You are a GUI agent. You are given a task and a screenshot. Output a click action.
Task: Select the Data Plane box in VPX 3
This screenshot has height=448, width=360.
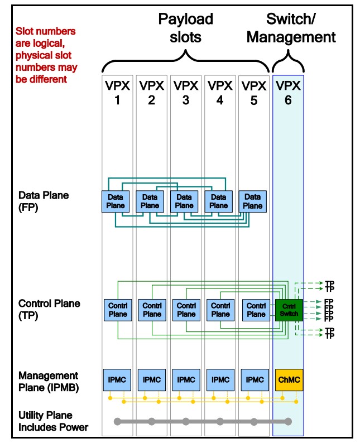(184, 201)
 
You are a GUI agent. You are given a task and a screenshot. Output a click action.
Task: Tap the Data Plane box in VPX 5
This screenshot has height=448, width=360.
(253, 201)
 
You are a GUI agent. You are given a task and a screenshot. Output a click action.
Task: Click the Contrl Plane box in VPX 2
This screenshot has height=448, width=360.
(152, 310)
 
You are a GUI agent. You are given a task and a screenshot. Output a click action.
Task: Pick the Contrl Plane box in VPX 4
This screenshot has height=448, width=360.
(220, 310)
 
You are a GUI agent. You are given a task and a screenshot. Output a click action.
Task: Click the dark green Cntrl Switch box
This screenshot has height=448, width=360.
(289, 310)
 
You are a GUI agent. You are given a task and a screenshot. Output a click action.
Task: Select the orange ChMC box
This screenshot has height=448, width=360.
(289, 379)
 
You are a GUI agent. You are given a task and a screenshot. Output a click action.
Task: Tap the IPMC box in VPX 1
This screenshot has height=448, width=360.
(116, 379)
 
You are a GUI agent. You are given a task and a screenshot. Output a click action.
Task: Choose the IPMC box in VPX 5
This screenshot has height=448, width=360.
(255, 379)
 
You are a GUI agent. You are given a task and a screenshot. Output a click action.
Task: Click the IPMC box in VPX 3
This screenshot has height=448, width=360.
(185, 379)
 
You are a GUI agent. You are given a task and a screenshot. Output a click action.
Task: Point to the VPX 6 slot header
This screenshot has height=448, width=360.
(289, 93)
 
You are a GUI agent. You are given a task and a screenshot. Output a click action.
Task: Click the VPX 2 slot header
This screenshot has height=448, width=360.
(151, 93)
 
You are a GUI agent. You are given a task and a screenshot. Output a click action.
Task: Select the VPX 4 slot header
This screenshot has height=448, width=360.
(220, 93)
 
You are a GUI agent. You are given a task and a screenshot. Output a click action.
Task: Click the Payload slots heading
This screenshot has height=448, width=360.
(185, 28)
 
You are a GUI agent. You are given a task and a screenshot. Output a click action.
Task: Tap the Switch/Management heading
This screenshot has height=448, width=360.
(291, 28)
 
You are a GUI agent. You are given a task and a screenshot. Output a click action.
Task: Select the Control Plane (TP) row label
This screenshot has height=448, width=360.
(49, 310)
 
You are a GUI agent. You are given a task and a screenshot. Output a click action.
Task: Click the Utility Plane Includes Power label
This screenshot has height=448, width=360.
(53, 422)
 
